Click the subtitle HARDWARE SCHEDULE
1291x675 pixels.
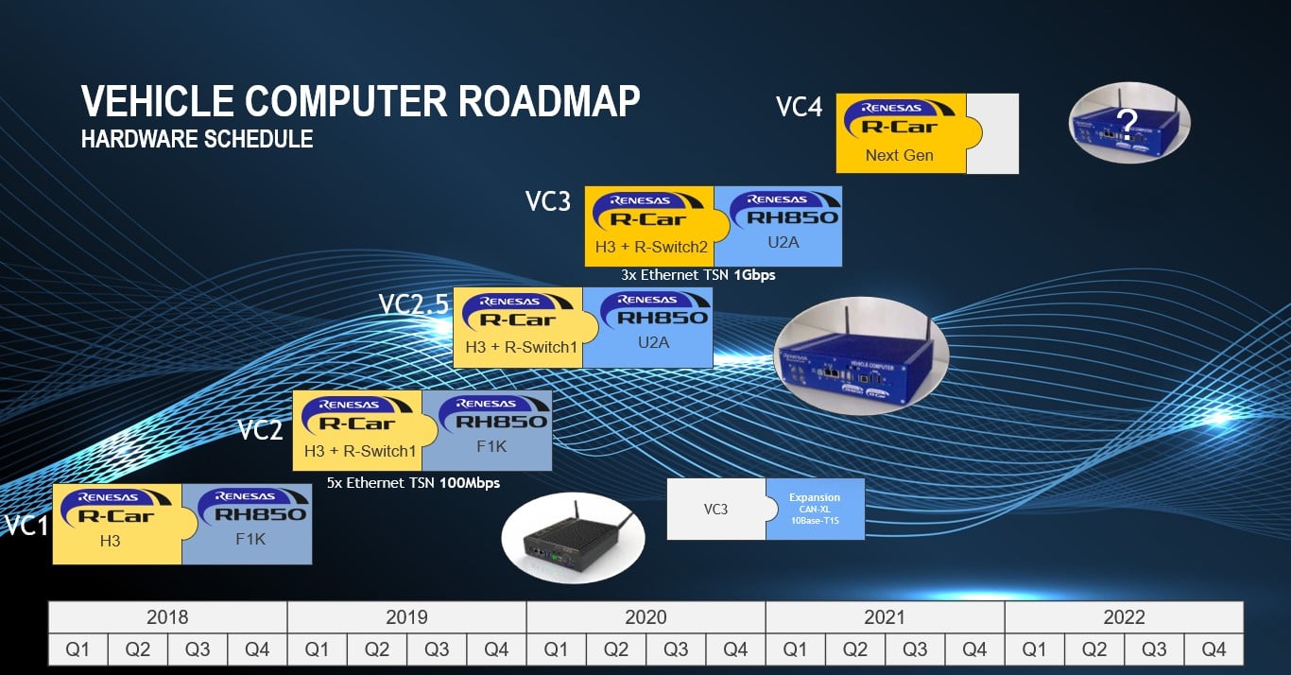[x=197, y=140]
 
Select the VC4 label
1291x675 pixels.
[x=799, y=106]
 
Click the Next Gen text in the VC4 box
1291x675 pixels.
[x=899, y=155]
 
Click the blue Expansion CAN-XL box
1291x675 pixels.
[x=815, y=509]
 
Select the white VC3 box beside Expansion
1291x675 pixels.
[x=715, y=509]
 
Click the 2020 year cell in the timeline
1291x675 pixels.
[x=645, y=617]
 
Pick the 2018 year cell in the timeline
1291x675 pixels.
[x=167, y=617]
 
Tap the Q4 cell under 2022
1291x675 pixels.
[x=1214, y=649]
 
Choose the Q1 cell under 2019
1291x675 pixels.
[x=317, y=649]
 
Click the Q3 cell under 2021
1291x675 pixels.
[x=915, y=649]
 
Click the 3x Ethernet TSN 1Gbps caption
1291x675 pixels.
[x=698, y=276]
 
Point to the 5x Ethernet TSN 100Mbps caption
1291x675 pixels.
[x=413, y=482]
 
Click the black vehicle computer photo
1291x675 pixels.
[x=572, y=537]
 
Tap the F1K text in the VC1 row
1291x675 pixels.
[x=250, y=540]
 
